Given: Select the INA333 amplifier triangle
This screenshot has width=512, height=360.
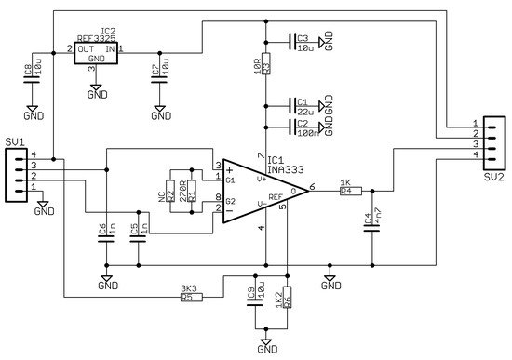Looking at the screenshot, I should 255,190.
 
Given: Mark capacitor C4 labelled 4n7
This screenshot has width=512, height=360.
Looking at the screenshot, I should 373,223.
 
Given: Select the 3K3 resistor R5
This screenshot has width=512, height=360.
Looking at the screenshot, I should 190,297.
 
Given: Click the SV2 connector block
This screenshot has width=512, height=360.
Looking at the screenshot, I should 493,141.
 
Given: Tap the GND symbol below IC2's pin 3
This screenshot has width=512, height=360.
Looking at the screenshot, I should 97,92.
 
